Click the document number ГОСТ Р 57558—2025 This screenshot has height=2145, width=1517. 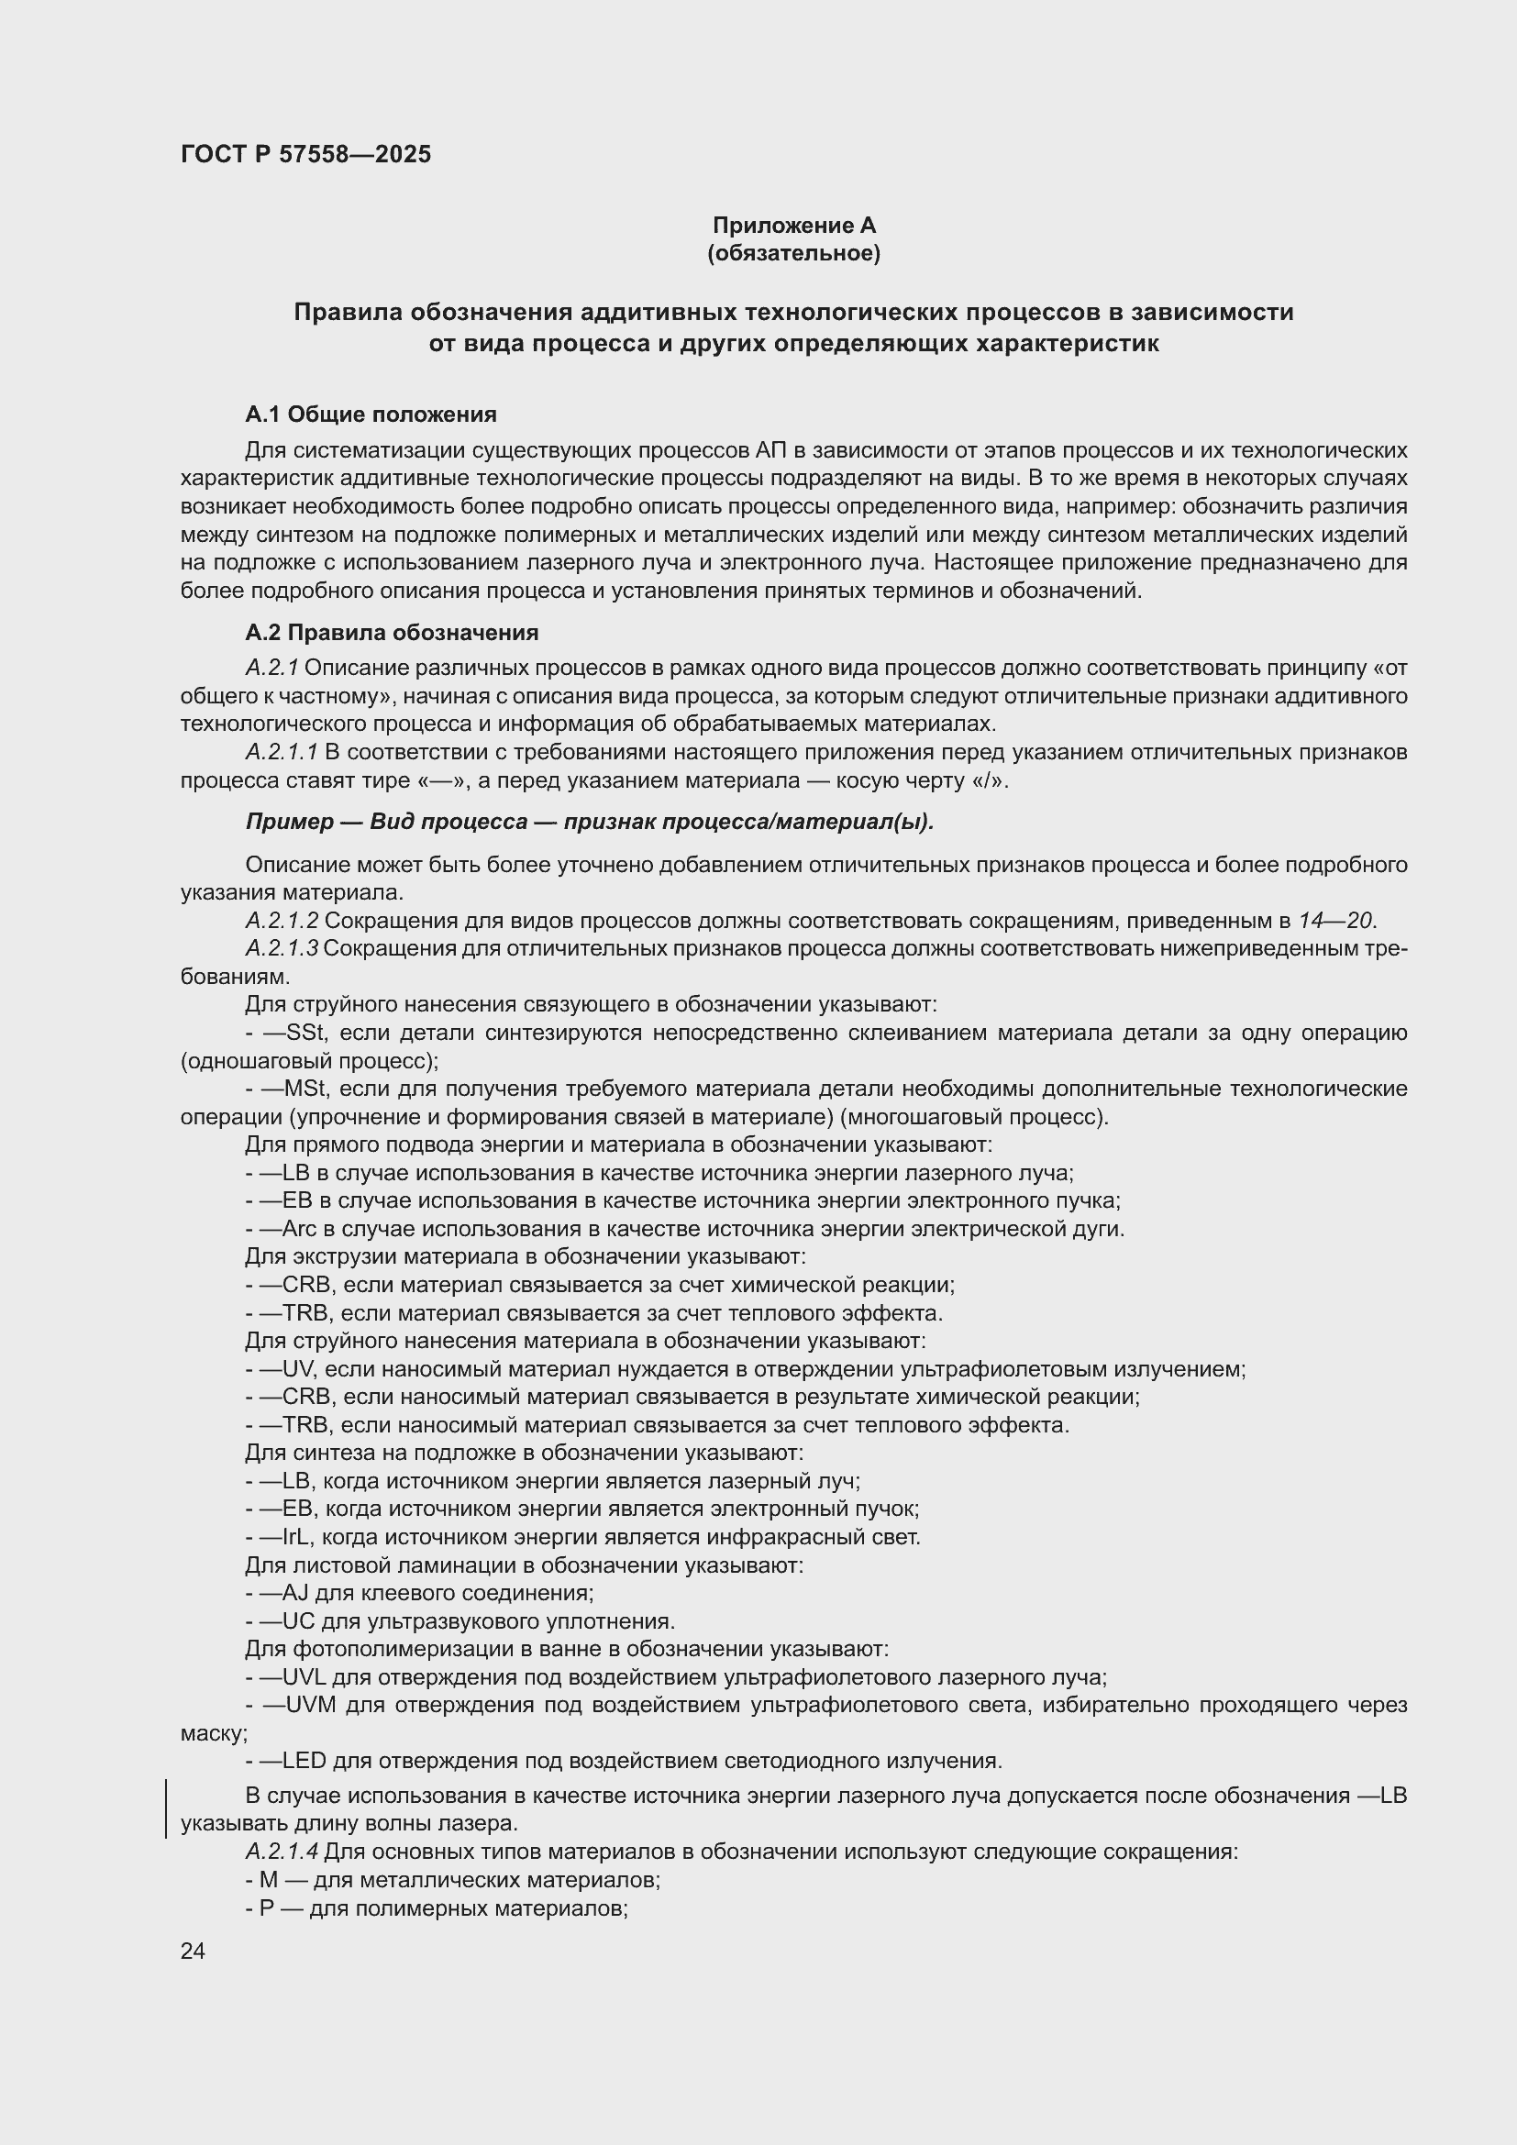(x=305, y=155)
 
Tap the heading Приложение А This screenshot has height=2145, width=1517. (x=794, y=226)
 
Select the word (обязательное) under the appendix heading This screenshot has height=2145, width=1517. (x=794, y=253)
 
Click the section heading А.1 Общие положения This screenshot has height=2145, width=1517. (x=371, y=414)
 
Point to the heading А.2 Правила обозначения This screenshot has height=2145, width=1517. (x=392, y=633)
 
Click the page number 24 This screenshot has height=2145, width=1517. (x=193, y=1951)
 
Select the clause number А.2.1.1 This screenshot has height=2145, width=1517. (x=282, y=752)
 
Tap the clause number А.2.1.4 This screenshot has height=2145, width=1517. (x=282, y=1852)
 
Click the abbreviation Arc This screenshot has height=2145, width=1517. (x=300, y=1230)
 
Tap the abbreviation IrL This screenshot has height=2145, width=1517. (x=297, y=1538)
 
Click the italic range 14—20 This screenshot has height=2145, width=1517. (x=1335, y=921)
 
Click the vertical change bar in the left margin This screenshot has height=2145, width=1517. (x=166, y=1809)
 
